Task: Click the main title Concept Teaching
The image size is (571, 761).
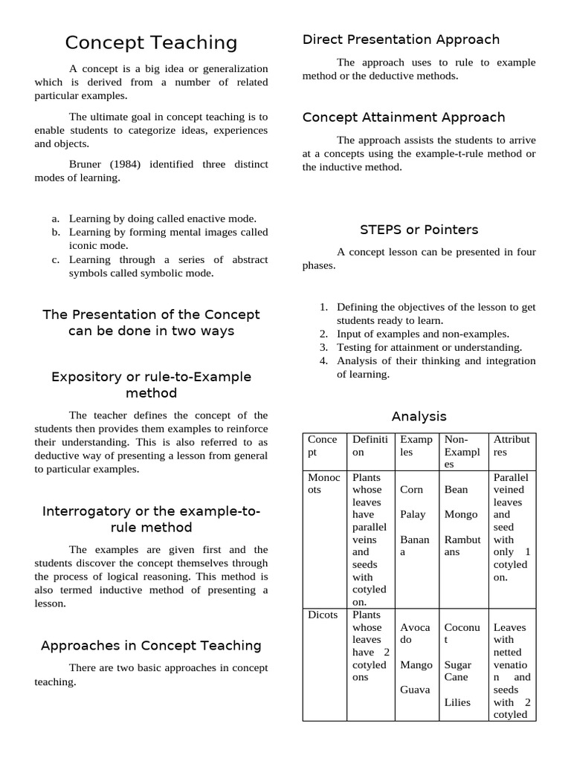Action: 151,43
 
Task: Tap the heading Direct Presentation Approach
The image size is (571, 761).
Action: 401,39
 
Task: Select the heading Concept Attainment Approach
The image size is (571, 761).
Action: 404,117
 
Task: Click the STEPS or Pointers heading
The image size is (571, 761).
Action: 419,230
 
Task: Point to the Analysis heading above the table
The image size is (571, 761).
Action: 419,417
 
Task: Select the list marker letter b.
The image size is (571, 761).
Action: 56,232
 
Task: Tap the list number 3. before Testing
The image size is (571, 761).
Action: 324,347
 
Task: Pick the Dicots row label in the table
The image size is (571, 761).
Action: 323,615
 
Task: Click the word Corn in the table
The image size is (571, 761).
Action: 412,490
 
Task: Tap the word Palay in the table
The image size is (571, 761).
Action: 413,514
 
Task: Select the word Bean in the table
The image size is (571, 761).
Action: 456,490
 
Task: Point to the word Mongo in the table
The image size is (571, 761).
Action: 461,514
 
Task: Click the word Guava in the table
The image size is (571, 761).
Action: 415,690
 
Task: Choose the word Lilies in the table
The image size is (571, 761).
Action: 457,702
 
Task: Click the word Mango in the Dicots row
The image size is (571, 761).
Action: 416,664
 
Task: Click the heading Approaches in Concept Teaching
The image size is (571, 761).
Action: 151,646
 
